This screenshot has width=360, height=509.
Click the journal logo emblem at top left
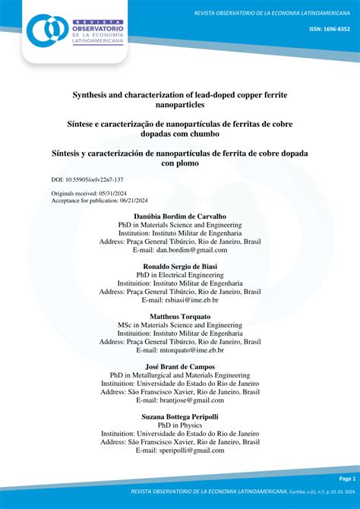click(x=47, y=30)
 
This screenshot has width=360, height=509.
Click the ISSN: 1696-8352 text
click(x=329, y=29)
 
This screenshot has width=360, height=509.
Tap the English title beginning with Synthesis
click(x=180, y=100)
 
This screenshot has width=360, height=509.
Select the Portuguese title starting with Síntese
click(x=180, y=128)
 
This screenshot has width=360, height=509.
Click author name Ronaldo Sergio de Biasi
click(x=180, y=267)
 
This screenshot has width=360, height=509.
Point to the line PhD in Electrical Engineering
click(x=180, y=275)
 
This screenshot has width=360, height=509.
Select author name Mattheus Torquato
click(x=180, y=317)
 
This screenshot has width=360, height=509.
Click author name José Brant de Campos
click(x=180, y=367)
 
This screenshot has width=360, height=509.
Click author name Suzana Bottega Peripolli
click(x=180, y=417)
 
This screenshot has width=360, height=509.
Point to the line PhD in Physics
click(x=180, y=425)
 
